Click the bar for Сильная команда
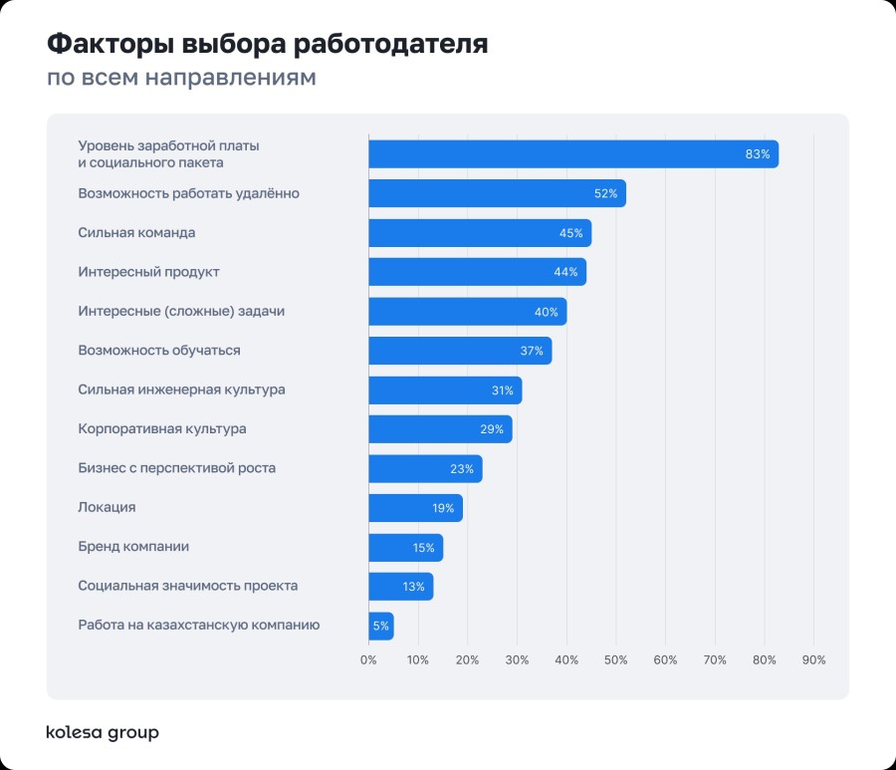coord(480,233)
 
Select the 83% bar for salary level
coord(572,154)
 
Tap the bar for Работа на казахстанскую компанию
coord(380,626)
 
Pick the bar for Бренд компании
coord(405,547)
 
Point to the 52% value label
coord(603,193)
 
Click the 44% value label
coord(565,272)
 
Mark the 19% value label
coord(443,508)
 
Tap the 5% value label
coord(380,626)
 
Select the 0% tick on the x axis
coord(368,659)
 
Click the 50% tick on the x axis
coord(615,659)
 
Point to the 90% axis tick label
coord(813,659)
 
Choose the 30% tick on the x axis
coord(517,659)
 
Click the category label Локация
coord(107,508)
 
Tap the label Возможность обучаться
coord(159,351)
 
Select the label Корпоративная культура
coord(162,429)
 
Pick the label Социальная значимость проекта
coord(188,586)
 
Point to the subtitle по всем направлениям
coord(181,78)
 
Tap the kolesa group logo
coord(103,733)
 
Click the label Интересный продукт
coord(148,272)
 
